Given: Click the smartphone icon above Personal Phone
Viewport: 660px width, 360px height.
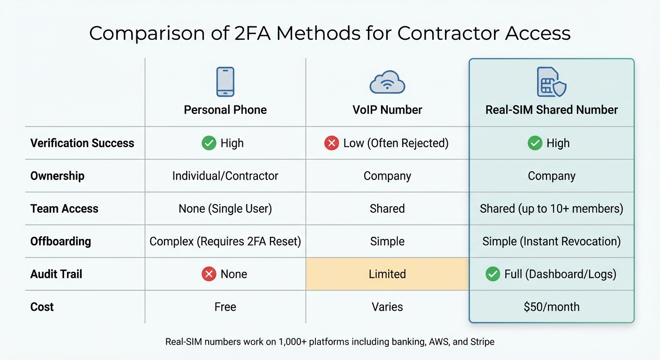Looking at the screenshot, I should coord(225,82).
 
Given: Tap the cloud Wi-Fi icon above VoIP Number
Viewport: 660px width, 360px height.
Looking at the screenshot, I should coord(387,82).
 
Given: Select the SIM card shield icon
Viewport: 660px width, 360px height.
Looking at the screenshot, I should coord(551,82).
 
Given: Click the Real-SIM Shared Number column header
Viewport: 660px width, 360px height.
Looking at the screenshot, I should coord(551,110).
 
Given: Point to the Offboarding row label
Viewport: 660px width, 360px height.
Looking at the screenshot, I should coord(60,241).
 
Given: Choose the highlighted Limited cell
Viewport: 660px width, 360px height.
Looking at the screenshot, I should coord(387,274).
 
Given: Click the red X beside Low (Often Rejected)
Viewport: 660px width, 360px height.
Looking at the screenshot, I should coord(331,143).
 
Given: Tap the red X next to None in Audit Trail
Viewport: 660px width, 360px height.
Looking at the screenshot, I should coord(209,274).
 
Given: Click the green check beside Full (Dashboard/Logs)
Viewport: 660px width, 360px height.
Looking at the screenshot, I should coord(493,274).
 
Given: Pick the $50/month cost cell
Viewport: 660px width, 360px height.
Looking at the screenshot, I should coord(551,307).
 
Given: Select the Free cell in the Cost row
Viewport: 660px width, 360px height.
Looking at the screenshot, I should coord(225,307).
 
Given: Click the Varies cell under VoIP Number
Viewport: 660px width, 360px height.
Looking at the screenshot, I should coord(387,307).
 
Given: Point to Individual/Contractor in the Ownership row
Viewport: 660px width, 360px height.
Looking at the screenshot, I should coord(225,176).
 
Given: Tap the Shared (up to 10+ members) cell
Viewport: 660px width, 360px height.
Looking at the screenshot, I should coord(551,209).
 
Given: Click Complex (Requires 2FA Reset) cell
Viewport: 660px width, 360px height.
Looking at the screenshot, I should coord(225,241).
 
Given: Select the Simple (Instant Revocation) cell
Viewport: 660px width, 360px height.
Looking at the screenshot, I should coord(551,241).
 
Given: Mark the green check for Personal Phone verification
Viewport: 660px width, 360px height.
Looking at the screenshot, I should coord(209,143).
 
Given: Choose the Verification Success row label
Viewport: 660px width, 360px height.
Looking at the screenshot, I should coord(82,143).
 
